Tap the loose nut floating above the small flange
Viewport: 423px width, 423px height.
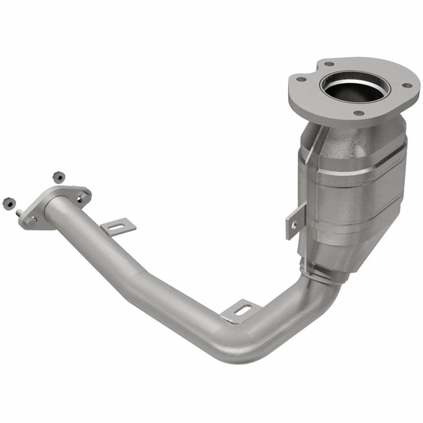59,176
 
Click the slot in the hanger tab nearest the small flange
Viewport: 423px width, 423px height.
119,226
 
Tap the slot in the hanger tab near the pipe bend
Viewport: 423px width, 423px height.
243,309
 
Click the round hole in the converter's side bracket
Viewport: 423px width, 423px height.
295,223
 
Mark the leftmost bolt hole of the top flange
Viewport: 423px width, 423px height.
301,79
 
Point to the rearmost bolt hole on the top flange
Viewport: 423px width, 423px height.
328,64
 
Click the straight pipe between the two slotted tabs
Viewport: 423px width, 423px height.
173,285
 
